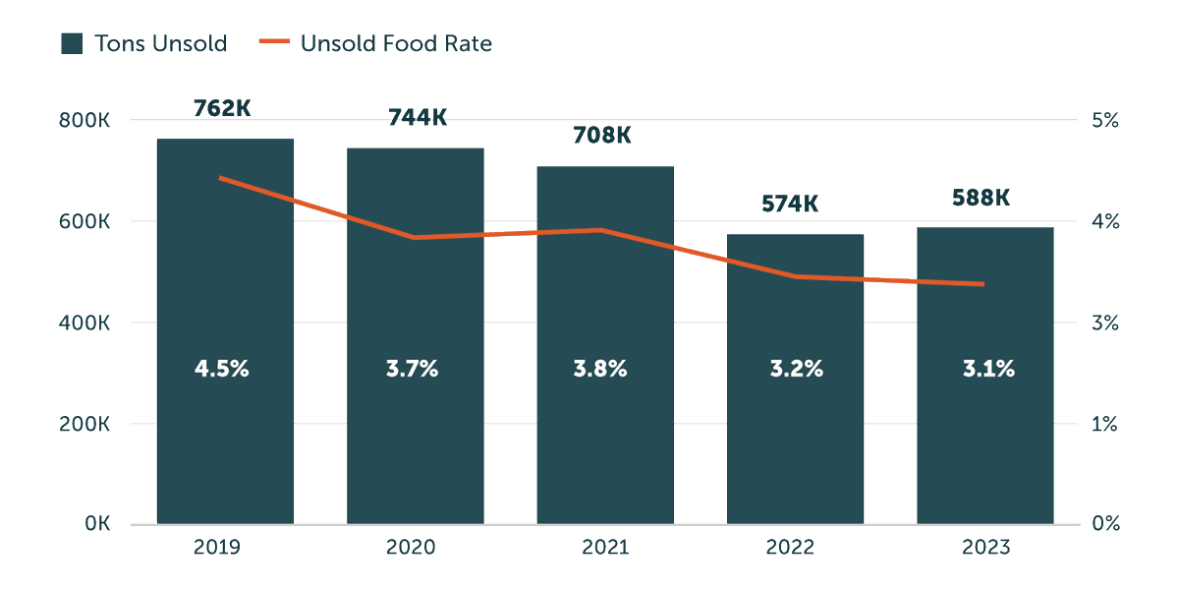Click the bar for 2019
click(x=225, y=442)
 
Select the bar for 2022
click(x=795, y=442)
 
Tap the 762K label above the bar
click(x=222, y=108)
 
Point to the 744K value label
click(x=417, y=118)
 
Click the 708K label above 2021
click(x=602, y=136)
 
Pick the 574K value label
click(x=790, y=205)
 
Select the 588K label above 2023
click(x=981, y=198)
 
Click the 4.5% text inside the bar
click(x=222, y=370)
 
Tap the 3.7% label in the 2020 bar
click(x=412, y=370)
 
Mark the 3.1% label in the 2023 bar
click(x=988, y=370)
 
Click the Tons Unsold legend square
click(x=71, y=43)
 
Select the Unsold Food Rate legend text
click(x=396, y=43)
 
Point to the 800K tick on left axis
click(x=84, y=121)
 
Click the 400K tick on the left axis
click(x=84, y=323)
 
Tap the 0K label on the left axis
click(x=96, y=524)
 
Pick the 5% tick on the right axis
click(x=1105, y=121)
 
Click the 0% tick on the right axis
click(x=1105, y=524)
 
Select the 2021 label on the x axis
click(x=604, y=548)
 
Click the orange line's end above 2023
click(x=982, y=284)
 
